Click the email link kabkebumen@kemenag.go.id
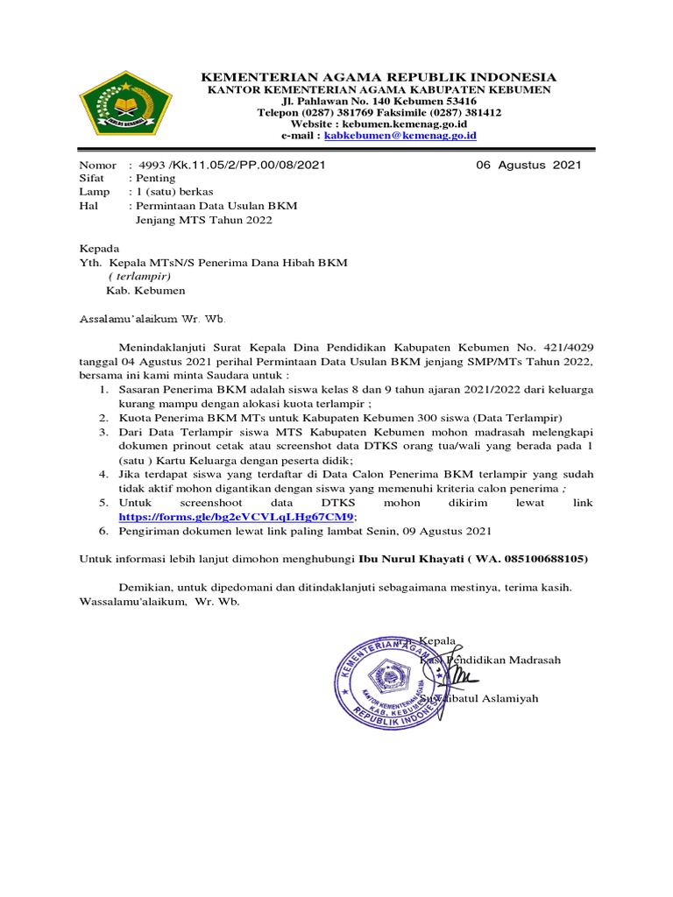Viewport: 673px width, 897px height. [x=400, y=137]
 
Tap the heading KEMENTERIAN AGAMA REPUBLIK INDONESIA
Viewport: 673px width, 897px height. [x=379, y=77]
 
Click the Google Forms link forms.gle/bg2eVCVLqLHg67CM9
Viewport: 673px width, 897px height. [x=236, y=517]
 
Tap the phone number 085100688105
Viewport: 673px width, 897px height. [x=542, y=559]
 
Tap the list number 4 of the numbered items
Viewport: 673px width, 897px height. [x=103, y=474]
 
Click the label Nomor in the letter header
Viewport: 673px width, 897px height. [x=97, y=165]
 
